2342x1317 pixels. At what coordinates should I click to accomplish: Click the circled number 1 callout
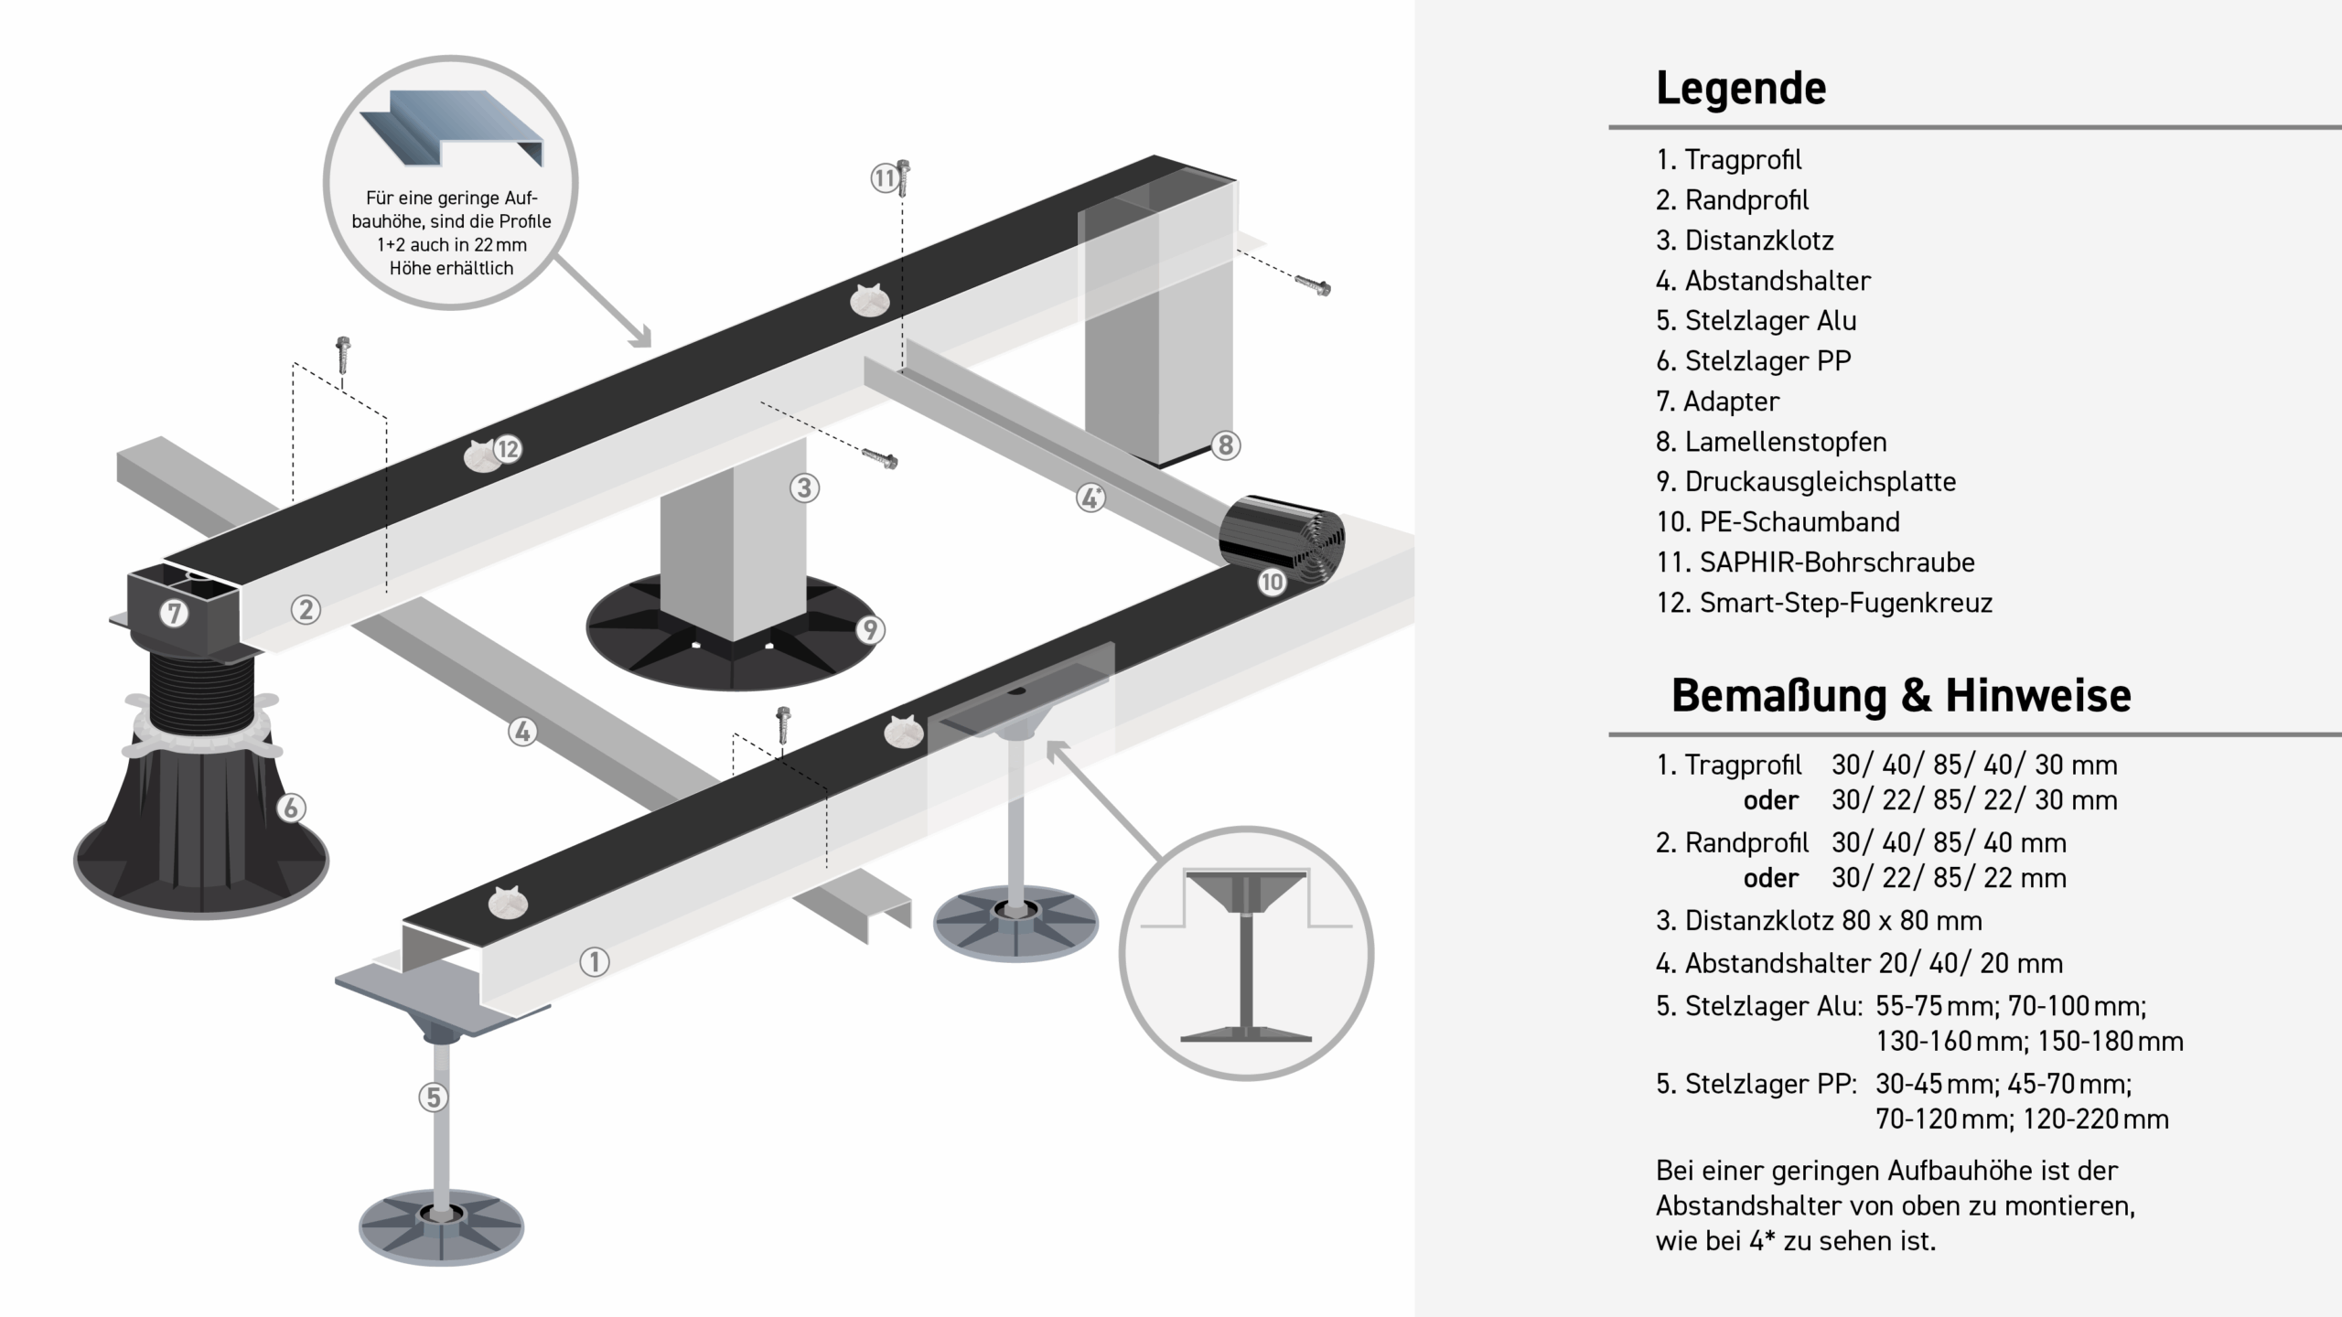tap(595, 962)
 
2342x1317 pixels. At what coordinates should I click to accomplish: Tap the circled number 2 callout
tap(306, 610)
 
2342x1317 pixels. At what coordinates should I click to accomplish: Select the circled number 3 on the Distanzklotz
tap(804, 488)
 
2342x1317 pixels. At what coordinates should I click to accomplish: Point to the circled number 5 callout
tap(434, 1097)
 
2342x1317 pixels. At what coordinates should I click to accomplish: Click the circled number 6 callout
tap(291, 808)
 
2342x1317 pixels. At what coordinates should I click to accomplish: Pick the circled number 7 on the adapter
tap(174, 613)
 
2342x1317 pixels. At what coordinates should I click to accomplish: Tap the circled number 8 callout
tap(1226, 445)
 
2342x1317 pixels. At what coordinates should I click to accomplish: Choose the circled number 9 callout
tap(870, 629)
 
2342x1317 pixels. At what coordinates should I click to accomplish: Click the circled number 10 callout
tap(1272, 582)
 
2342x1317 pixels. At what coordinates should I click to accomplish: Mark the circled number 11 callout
tap(883, 177)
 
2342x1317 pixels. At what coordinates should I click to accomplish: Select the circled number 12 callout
tap(507, 449)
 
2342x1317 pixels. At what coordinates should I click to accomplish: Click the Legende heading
tap(1740, 89)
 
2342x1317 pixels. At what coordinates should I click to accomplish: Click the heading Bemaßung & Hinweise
tap(1901, 695)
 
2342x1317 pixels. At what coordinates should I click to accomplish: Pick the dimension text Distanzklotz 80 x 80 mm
tap(1819, 920)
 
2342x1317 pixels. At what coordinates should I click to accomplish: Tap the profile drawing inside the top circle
tap(451, 128)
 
